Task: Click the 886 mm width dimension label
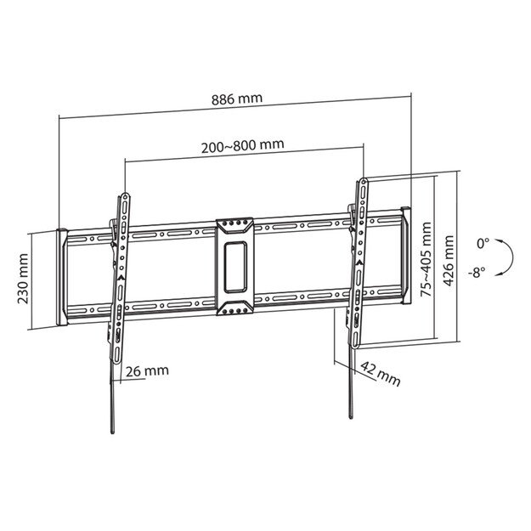237,98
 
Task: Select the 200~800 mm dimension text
242,144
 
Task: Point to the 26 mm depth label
146,370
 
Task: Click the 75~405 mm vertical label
425,258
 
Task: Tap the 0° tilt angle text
483,243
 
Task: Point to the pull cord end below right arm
350,412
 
